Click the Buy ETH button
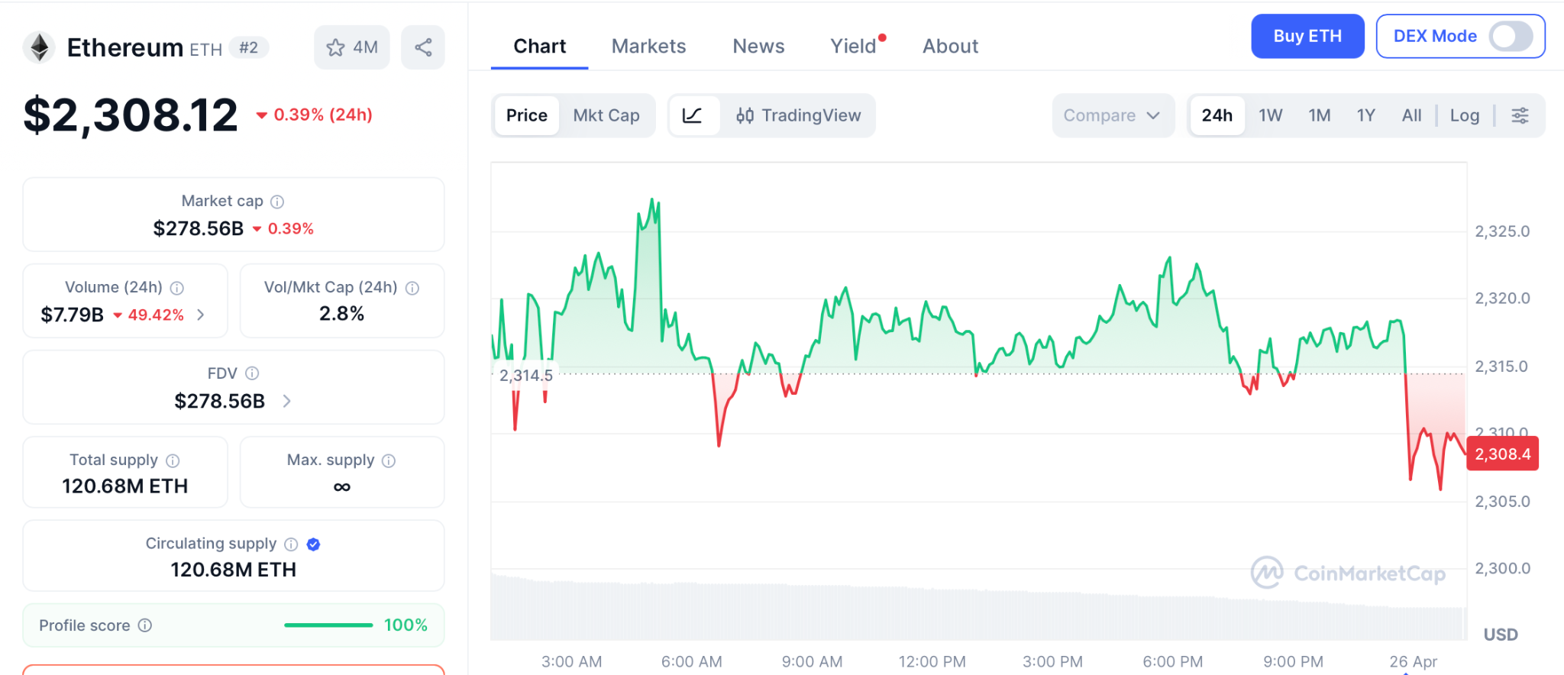tap(1307, 36)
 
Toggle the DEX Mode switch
tap(1510, 36)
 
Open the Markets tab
tap(648, 46)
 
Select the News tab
tap(758, 46)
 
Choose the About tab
tap(950, 46)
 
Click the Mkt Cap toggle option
tap(606, 115)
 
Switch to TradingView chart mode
tap(798, 115)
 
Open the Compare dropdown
tap(1112, 115)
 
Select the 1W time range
tap(1270, 115)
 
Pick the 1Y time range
tap(1365, 115)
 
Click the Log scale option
tap(1464, 115)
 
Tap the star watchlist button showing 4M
tap(351, 47)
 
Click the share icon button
tap(423, 47)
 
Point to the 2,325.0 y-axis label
tap(1502, 231)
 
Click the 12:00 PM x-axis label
tap(932, 661)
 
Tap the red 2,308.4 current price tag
tap(1502, 454)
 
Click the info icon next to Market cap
tap(277, 202)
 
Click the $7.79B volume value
tap(72, 315)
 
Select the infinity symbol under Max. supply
tap(341, 487)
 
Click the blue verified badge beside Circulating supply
tap(313, 544)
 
